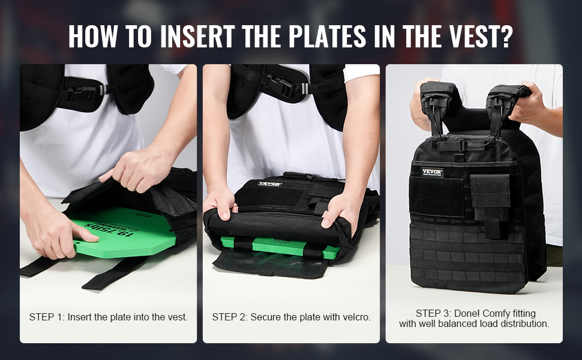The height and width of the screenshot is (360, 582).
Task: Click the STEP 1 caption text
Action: [109, 317]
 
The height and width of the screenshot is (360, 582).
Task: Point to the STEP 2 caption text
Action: [292, 317]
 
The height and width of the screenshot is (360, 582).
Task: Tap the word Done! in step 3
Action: [467, 314]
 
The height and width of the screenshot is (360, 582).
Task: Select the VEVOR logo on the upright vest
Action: [432, 172]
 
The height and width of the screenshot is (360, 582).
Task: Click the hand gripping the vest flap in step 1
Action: [138, 171]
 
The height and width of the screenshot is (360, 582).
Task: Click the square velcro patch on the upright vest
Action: [437, 197]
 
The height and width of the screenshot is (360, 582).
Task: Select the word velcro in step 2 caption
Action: [356, 317]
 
